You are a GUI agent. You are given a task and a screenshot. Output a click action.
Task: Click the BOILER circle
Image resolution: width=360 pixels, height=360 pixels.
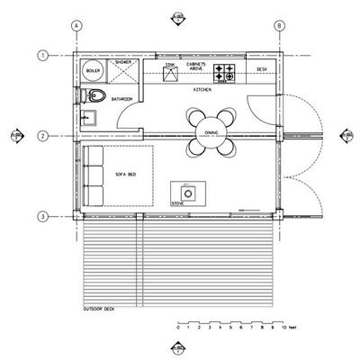92,69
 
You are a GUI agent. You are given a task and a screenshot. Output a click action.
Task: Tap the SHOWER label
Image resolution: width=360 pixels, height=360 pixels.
122,62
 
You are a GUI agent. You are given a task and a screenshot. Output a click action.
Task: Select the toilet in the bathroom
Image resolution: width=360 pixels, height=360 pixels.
93,95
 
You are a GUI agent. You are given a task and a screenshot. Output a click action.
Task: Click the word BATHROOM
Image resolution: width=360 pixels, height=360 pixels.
122,98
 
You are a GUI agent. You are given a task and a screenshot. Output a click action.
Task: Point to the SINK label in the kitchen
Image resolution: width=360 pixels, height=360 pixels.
170,65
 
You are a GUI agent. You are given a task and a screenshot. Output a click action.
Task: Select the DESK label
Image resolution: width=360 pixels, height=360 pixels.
262,68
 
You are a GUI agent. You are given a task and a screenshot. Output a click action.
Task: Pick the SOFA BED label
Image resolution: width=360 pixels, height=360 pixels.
124,173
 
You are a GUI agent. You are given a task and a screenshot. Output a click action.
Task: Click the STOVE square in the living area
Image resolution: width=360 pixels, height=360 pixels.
188,191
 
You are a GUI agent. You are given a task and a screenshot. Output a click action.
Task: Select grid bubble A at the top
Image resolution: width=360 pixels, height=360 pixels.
77,27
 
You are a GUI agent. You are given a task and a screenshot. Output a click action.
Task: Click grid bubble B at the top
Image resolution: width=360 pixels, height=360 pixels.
280,27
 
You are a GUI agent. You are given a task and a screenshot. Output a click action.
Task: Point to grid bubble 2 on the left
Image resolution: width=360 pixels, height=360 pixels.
42,136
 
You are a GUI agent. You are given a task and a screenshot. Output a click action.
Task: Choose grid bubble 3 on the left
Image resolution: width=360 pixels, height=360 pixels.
42,216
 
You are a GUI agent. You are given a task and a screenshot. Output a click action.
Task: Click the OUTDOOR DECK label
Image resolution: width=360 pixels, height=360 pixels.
100,310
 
